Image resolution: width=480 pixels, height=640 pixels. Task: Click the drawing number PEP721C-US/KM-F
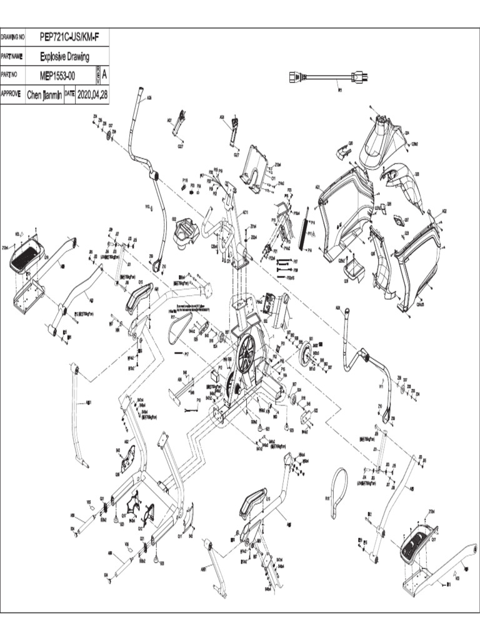click(x=69, y=37)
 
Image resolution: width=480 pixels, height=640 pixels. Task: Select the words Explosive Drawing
click(x=64, y=56)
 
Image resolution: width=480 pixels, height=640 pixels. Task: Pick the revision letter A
click(x=104, y=74)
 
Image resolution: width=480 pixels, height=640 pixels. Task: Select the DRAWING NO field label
click(x=12, y=37)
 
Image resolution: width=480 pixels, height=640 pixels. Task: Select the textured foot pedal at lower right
click(x=415, y=546)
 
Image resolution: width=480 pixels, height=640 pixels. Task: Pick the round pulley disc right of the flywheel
click(x=306, y=357)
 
